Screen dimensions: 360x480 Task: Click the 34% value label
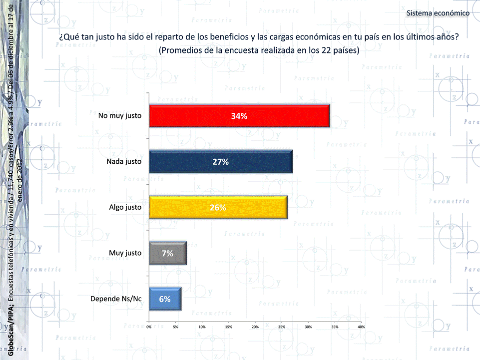click(x=239, y=116)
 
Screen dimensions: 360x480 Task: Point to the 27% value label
click(x=220, y=162)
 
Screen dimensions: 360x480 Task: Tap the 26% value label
click(x=218, y=208)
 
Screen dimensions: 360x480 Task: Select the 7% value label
click(x=168, y=253)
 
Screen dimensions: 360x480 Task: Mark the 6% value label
click(x=165, y=299)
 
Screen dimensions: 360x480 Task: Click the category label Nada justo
click(x=124, y=162)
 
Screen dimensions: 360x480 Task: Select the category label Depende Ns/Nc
click(x=116, y=299)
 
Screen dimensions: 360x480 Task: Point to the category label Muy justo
click(x=125, y=253)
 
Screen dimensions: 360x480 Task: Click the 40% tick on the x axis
click(x=361, y=327)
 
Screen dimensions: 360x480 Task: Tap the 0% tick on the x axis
click(x=149, y=327)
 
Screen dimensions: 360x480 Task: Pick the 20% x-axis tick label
click(x=255, y=327)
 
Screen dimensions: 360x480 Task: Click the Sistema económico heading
click(x=438, y=13)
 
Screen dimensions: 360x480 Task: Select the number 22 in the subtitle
click(x=313, y=50)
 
